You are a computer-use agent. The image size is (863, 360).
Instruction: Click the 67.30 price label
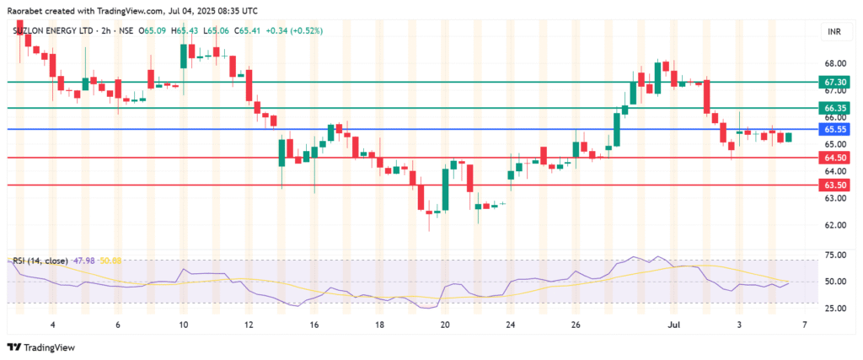click(836, 82)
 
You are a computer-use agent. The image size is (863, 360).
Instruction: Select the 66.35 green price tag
click(836, 108)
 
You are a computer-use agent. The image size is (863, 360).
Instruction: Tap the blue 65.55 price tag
click(836, 129)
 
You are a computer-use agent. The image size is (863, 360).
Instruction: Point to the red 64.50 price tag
click(836, 158)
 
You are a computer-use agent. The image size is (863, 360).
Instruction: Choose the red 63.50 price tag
click(836, 185)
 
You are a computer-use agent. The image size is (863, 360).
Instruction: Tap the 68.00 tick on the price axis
click(835, 63)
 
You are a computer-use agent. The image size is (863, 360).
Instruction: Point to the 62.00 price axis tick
click(835, 225)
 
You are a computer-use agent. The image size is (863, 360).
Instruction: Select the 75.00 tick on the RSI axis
click(835, 255)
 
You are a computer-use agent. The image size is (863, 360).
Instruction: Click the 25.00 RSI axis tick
click(835, 309)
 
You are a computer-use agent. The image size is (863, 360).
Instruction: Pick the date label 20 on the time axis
click(446, 325)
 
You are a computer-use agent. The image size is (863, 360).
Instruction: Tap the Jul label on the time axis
click(674, 325)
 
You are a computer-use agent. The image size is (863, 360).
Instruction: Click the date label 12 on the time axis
click(249, 325)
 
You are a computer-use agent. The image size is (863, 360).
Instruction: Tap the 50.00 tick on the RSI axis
click(835, 282)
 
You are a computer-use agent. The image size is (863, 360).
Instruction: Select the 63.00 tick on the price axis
click(835, 198)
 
